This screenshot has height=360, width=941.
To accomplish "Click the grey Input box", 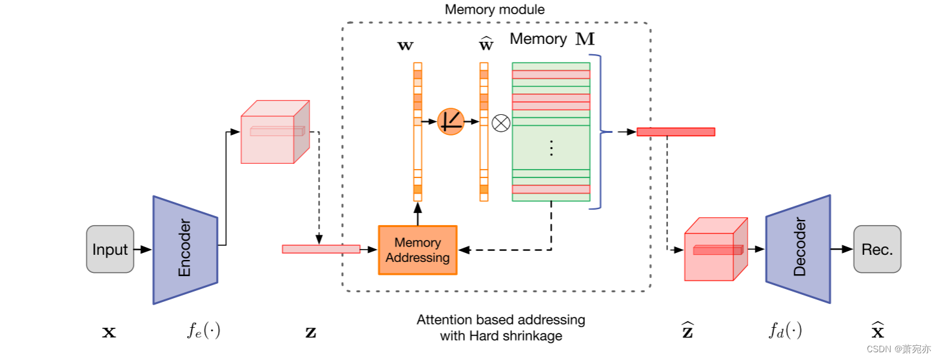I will [110, 249].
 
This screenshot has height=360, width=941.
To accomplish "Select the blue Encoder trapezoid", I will [185, 250].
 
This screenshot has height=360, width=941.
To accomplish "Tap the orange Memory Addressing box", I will [417, 250].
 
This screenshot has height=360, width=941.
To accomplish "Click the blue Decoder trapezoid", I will [798, 249].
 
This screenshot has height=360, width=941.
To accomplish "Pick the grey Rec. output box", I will [877, 249].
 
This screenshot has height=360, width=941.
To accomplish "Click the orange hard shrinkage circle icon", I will [450, 121].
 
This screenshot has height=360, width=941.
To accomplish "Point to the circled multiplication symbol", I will [500, 122].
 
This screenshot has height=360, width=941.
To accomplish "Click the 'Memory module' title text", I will [495, 10].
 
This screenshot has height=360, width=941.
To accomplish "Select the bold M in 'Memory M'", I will [585, 39].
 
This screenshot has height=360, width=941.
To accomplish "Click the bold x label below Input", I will [110, 333].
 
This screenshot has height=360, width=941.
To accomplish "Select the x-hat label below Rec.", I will [877, 331].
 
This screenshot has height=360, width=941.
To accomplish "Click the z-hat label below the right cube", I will [688, 331].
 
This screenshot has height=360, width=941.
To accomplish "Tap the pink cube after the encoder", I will [274, 132].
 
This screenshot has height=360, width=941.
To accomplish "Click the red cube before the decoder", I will [715, 250].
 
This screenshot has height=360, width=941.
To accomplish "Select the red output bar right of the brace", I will [675, 132].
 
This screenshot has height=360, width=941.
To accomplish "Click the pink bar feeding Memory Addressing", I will [321, 249].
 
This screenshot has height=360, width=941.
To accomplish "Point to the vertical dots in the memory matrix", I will [551, 148].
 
